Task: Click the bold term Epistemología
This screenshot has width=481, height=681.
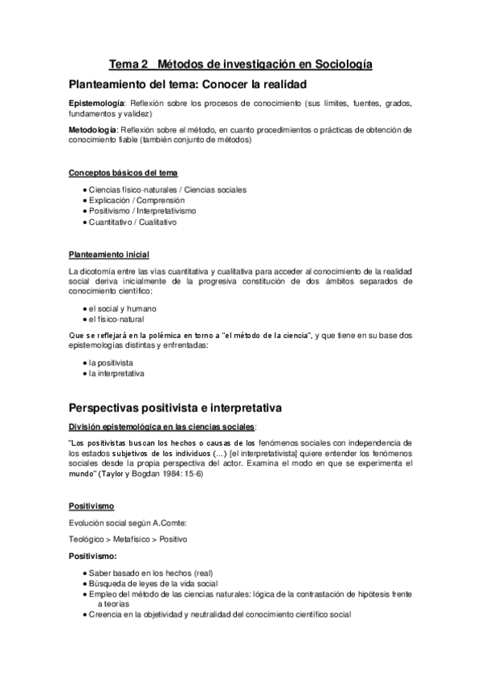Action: [96, 104]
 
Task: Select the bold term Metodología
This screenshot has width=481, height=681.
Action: [93, 128]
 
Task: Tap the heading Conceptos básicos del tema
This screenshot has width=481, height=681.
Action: [123, 173]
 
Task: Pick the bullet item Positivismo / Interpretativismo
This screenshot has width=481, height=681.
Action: [142, 210]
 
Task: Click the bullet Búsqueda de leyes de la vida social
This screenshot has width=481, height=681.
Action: [153, 583]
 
